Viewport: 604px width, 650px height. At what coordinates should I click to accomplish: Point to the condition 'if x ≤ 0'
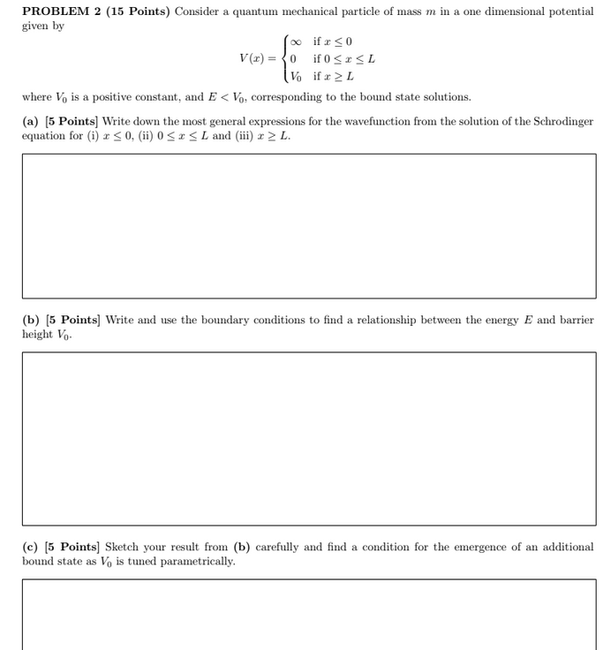click(x=333, y=42)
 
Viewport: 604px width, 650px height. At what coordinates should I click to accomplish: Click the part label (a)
click(x=30, y=121)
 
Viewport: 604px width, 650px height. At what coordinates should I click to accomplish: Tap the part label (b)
click(x=30, y=320)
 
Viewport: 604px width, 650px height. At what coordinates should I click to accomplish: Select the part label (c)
click(x=30, y=547)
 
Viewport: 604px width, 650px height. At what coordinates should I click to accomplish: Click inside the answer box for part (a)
click(x=308, y=225)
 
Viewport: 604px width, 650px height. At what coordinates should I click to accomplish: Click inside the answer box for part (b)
click(x=308, y=438)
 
